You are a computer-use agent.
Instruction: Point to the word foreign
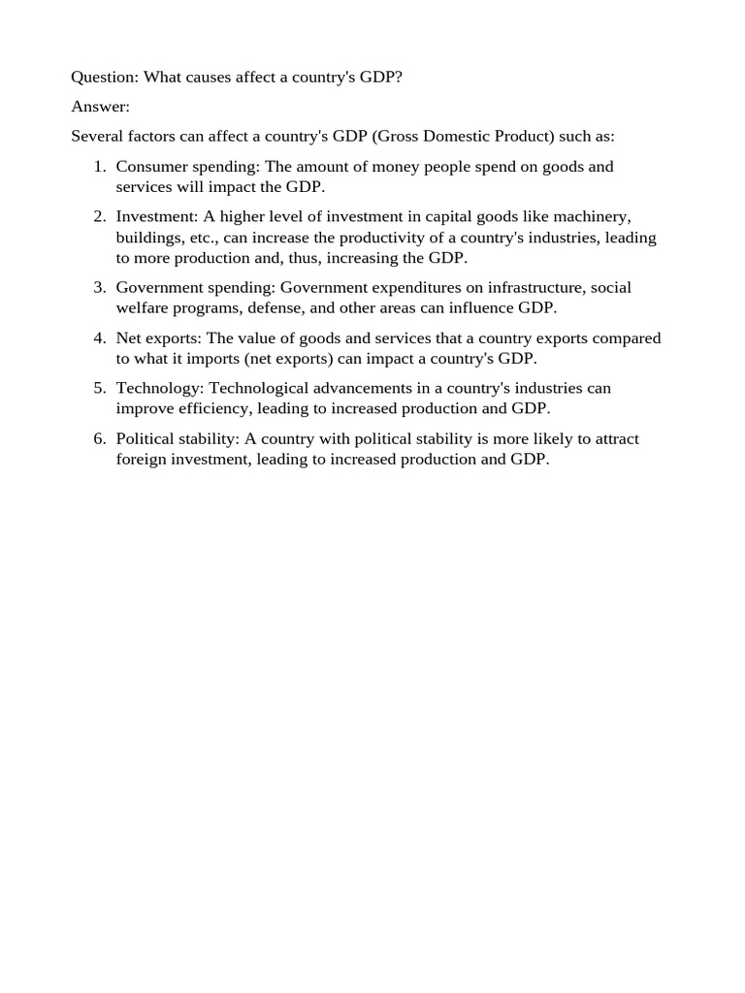[141, 460]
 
